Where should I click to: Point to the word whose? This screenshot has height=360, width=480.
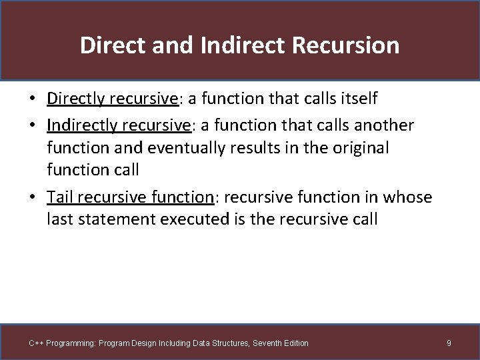point(406,197)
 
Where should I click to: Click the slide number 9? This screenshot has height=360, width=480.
point(449,343)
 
